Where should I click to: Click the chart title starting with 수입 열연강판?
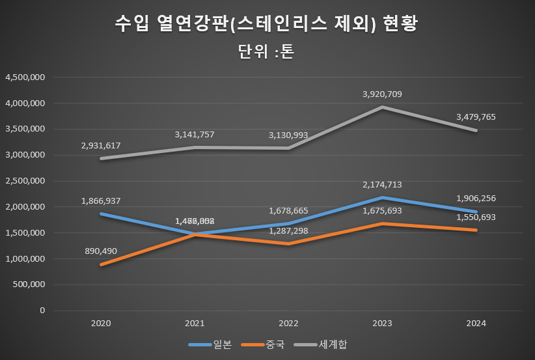tap(267, 24)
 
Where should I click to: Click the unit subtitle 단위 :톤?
tap(267, 52)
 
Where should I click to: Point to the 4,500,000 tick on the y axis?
tap(25, 77)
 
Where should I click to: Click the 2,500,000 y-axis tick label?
tap(25, 181)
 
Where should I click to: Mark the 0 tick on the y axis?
tap(42, 311)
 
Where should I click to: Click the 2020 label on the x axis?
tap(101, 323)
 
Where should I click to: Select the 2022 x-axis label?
tap(288, 323)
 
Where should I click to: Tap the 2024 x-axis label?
tap(476, 323)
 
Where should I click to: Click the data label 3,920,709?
tap(382, 94)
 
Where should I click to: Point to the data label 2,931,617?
tap(101, 145)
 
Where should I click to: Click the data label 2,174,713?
tap(382, 185)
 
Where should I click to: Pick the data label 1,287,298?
tap(288, 231)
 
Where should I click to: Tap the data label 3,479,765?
tap(476, 117)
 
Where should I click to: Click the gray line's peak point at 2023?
tap(383, 107)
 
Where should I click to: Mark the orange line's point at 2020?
tap(101, 264)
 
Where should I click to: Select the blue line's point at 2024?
tap(476, 212)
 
